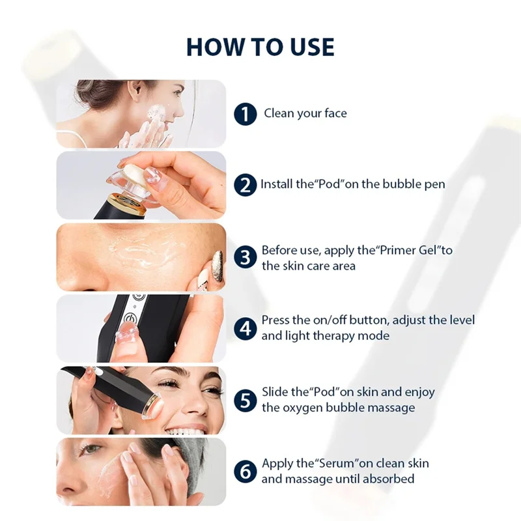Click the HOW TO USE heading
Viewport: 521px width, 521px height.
[x=260, y=47]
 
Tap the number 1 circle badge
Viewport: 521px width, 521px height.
[x=245, y=115]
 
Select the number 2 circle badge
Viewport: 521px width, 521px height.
[x=245, y=185]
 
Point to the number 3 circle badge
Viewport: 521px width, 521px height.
[x=245, y=257]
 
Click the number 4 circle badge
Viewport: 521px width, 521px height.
[x=245, y=328]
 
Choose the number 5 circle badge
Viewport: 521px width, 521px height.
[x=245, y=399]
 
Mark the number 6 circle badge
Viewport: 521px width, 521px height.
[x=245, y=471]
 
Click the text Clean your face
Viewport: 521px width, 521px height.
[x=305, y=113]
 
